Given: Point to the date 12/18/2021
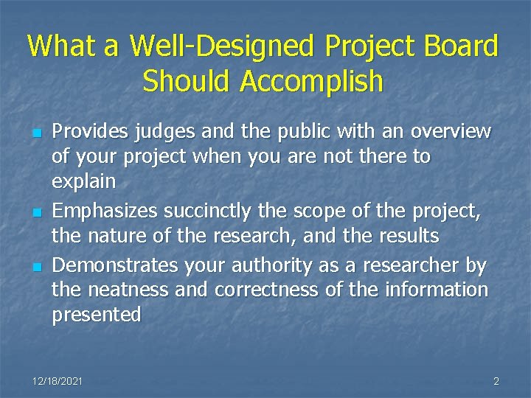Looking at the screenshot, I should [58, 381].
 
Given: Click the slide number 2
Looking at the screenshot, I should [496, 381].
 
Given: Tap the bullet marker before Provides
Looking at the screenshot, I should [35, 133].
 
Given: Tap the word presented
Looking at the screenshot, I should [97, 315].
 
